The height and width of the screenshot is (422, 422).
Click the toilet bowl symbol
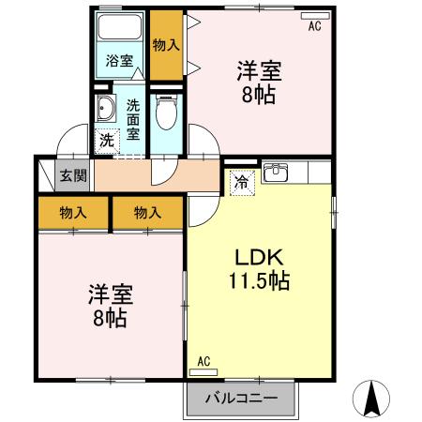tap(166, 114)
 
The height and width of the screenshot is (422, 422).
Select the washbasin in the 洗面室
tap(105, 111)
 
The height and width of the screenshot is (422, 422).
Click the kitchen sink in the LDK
tap(276, 173)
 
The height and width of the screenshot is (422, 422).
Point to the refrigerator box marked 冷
tap(241, 181)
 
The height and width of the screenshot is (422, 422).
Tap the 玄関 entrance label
tap(72, 175)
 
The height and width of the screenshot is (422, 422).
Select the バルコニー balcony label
tap(240, 398)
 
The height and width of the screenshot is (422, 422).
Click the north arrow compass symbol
tap(373, 400)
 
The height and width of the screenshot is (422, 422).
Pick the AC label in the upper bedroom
tap(314, 27)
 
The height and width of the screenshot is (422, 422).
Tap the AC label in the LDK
tap(203, 360)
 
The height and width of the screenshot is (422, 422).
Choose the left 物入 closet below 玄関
tap(73, 212)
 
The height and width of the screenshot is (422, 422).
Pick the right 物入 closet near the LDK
tap(147, 212)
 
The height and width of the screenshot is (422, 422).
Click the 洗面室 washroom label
tap(133, 118)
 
